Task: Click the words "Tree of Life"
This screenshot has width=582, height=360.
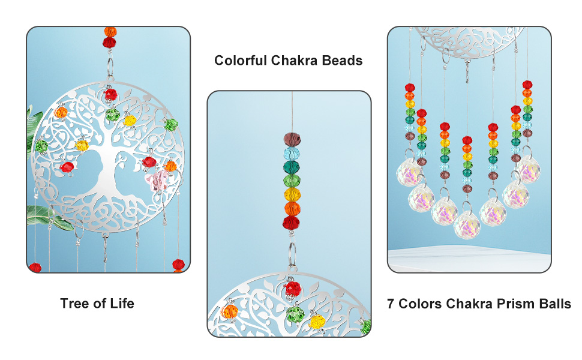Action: click(97, 304)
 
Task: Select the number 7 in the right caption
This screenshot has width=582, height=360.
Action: click(391, 304)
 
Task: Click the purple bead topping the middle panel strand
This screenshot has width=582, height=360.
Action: click(292, 139)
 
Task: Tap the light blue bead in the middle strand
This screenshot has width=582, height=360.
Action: click(292, 153)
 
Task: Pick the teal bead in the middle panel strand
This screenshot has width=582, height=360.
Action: click(292, 167)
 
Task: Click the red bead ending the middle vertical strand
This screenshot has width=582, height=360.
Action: click(292, 223)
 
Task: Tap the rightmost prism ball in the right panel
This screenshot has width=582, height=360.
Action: click(530, 170)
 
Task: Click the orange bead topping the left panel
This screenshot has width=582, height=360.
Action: click(110, 31)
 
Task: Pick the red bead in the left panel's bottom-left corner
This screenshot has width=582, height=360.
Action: click(35, 267)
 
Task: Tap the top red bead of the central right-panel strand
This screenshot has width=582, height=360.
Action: click(467, 140)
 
